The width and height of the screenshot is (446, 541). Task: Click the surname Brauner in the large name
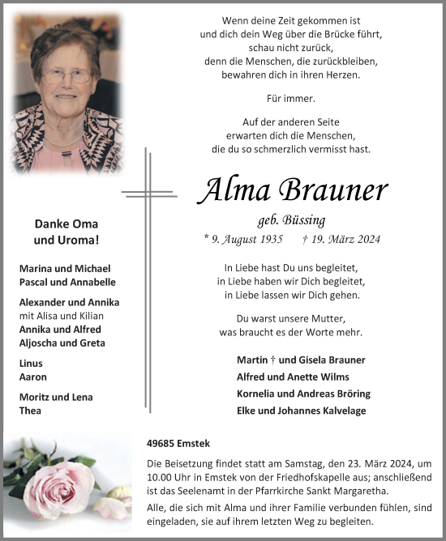[334, 191]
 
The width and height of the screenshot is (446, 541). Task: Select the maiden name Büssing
[306, 219]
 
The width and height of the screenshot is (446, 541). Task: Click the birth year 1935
[268, 239]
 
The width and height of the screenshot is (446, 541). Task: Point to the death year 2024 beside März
[366, 239]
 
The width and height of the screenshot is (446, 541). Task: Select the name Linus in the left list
[32, 364]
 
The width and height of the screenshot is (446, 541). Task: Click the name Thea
[31, 410]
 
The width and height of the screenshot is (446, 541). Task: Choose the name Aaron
[33, 377]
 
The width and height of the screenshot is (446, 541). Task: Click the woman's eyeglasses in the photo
[66, 76]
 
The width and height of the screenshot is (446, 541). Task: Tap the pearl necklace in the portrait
[65, 140]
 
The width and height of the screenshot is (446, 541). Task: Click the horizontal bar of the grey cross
[149, 194]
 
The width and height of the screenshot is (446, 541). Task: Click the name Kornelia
[261, 394]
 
